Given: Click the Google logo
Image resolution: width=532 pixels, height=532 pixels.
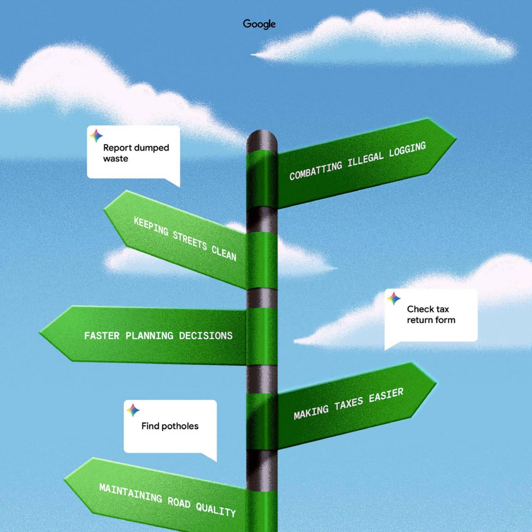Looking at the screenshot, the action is [x=259, y=24].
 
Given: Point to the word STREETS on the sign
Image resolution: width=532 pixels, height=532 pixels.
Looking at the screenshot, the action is [x=190, y=240].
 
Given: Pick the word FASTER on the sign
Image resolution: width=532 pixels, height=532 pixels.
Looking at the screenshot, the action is [x=102, y=336].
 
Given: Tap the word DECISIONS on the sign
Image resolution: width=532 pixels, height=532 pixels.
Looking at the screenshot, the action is [x=206, y=336].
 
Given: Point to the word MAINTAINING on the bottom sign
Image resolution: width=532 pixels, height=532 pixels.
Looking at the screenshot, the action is [x=130, y=493].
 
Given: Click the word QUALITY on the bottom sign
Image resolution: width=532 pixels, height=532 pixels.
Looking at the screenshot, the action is [x=216, y=509].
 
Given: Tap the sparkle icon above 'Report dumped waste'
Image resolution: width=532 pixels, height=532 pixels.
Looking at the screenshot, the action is [x=96, y=136].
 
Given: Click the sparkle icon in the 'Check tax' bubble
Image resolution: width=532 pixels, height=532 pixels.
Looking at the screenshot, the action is [x=394, y=298].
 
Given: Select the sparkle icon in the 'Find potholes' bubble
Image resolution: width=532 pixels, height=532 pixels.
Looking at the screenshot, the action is [x=133, y=410].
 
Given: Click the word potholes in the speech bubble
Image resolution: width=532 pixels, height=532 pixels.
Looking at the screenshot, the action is [x=180, y=426].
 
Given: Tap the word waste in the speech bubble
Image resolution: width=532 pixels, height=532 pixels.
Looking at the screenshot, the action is [x=115, y=159].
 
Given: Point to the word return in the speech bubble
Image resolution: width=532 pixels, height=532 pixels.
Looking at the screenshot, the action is [x=419, y=320].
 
